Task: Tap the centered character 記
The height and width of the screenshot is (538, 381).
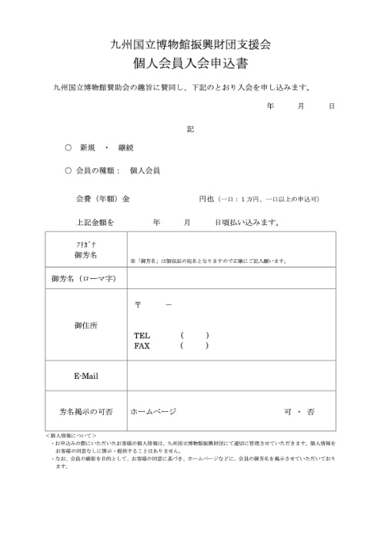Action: tap(190, 128)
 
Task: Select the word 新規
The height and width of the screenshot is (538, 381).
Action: tap(88, 148)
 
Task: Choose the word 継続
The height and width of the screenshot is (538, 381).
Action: tap(125, 148)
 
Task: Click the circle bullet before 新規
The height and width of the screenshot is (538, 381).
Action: tap(69, 148)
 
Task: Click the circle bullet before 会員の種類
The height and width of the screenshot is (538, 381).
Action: tap(69, 171)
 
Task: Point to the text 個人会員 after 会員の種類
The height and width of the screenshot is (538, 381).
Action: tap(145, 171)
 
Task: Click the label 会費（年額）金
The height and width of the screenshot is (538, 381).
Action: tap(102, 198)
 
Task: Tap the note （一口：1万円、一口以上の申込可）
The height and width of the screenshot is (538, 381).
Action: tap(267, 199)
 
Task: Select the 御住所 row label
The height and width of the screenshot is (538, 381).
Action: tap(86, 325)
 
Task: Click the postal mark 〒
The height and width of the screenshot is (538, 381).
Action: tap(139, 305)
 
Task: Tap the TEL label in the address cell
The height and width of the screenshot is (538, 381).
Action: tap(142, 336)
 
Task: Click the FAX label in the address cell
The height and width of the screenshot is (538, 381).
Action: tap(142, 346)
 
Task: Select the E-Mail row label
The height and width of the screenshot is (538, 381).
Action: tap(86, 376)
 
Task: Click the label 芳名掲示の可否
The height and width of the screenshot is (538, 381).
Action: tap(86, 412)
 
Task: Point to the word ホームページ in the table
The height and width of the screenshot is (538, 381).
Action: tap(153, 412)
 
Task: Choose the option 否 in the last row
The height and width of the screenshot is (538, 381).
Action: tap(311, 412)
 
